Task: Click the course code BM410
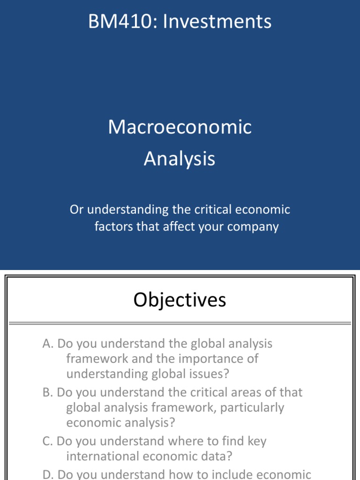pyautogui.click(x=115, y=22)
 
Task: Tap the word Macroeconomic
pyautogui.click(x=180, y=127)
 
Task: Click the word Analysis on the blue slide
pyautogui.click(x=180, y=159)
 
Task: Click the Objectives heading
pyautogui.click(x=180, y=300)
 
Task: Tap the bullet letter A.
pyautogui.click(x=46, y=344)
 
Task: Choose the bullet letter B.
pyautogui.click(x=46, y=392)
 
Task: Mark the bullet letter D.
pyautogui.click(x=47, y=474)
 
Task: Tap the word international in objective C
pyautogui.click(x=105, y=456)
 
